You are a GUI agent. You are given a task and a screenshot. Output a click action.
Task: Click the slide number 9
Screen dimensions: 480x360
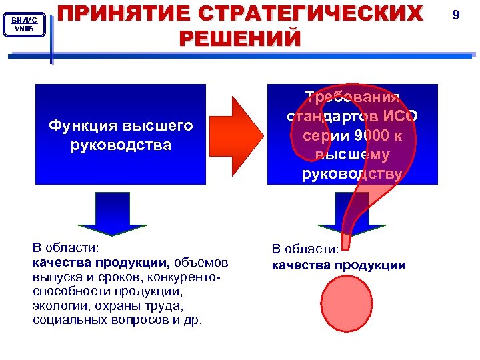click(x=456, y=13)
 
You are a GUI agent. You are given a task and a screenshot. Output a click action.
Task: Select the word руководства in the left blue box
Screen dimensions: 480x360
click(x=121, y=145)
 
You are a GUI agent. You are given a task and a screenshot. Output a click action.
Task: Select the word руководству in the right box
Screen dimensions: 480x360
click(x=352, y=175)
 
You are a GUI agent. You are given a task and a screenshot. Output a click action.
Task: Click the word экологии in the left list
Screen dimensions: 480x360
click(x=56, y=306)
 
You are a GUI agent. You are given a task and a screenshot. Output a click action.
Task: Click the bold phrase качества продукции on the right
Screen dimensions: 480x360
click(x=339, y=265)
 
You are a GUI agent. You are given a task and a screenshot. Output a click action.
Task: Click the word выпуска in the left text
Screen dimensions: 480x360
click(x=56, y=277)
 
